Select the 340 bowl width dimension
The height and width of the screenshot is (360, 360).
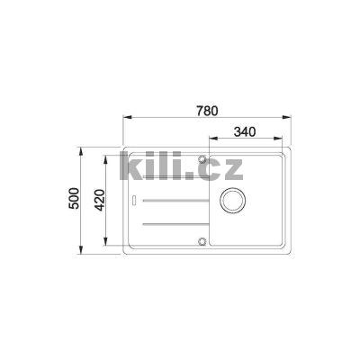(245, 131)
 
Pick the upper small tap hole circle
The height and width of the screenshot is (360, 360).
(204, 161)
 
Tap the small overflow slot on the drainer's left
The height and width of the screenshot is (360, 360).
(133, 200)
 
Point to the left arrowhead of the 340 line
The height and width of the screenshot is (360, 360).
(211, 139)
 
